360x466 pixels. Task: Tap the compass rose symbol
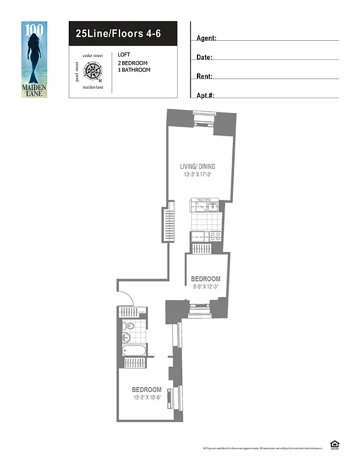(x=93, y=72)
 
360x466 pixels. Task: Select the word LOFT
(x=123, y=55)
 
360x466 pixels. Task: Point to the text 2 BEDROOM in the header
(x=132, y=62)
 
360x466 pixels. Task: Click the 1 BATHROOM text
(x=134, y=70)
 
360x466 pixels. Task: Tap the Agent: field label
(x=206, y=38)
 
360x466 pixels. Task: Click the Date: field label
(x=204, y=57)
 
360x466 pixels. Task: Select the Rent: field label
(x=204, y=76)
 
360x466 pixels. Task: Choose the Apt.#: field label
(x=206, y=95)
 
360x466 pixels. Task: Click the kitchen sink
(x=213, y=206)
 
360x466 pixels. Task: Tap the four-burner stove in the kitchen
(x=215, y=236)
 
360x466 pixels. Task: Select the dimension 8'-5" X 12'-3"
(x=207, y=286)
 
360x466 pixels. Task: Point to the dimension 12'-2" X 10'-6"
(x=146, y=398)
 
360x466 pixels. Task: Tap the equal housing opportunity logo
(x=334, y=445)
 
